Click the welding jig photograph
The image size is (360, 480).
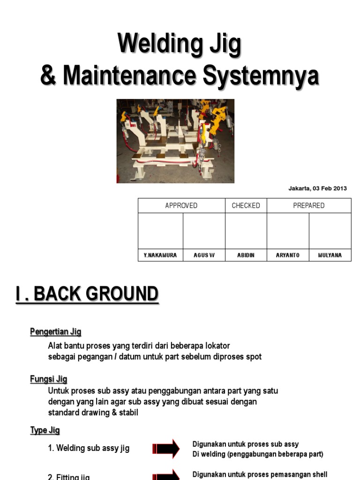pos(175,141)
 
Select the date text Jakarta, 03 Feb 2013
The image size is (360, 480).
pos(317,188)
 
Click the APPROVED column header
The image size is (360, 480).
pos(181,206)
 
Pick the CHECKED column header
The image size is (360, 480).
pos(246,206)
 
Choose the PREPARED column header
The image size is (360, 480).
pos(308,206)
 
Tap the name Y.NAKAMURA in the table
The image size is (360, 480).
pos(160,255)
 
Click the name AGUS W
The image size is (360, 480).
pos(204,255)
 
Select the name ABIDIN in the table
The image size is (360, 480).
pos(246,255)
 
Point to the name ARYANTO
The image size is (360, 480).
pos(288,255)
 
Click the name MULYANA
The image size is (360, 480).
pos(330,255)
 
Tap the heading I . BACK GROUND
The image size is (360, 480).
pos(87,294)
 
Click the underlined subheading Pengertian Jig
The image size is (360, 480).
pos(56,332)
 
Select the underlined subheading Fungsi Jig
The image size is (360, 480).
pos(49,379)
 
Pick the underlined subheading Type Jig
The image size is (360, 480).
pos(45,430)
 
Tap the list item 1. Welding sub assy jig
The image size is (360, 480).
pos(89,448)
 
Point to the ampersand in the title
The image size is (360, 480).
pos(48,76)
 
